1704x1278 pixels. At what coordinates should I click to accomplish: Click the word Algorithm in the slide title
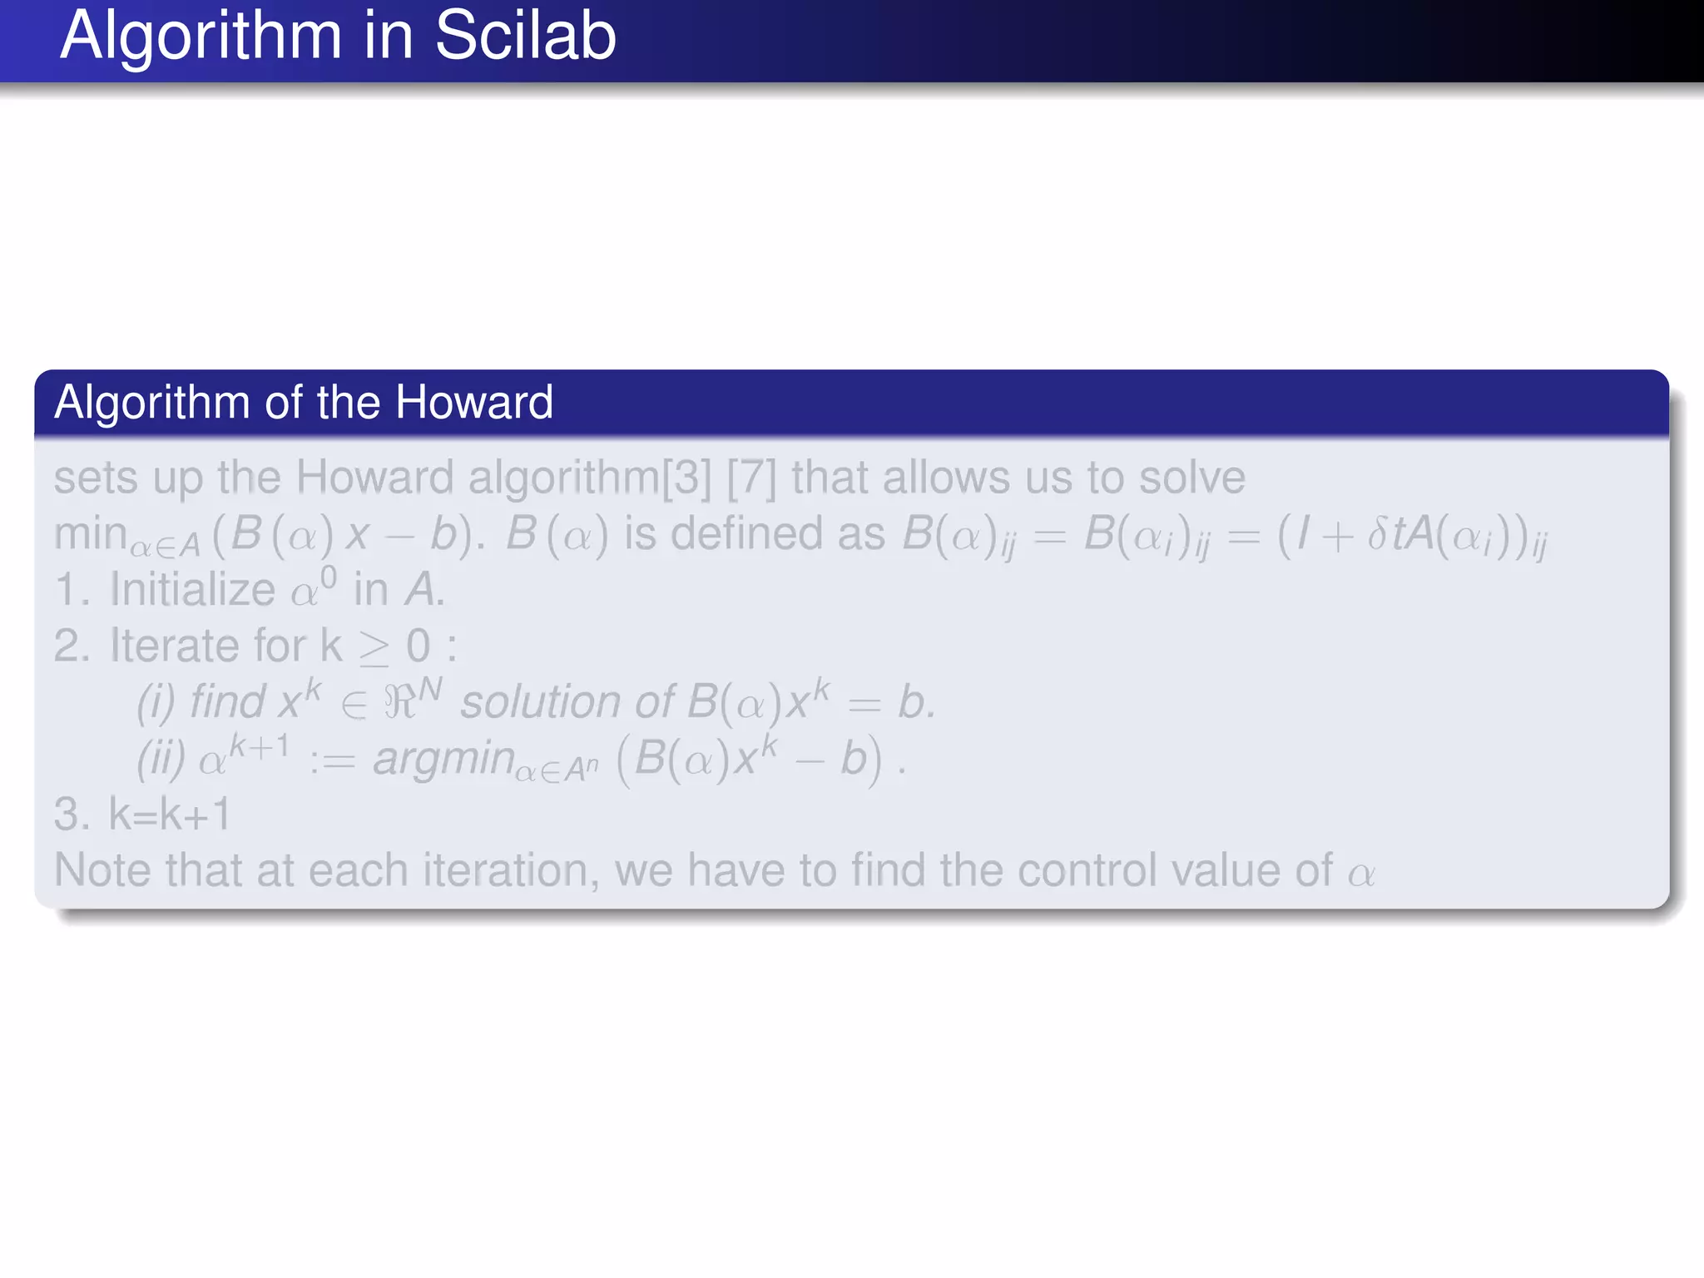[201, 37]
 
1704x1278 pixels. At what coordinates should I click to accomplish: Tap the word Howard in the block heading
[473, 402]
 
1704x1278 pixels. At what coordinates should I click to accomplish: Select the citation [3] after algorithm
[686, 478]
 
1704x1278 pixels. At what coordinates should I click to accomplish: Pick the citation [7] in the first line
[751, 478]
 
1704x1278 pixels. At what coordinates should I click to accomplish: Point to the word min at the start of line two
[90, 532]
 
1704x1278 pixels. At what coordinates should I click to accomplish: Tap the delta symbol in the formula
[1378, 533]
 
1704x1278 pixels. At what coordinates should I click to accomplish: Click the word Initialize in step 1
[192, 589]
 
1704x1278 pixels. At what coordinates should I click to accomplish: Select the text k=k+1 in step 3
[170, 814]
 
